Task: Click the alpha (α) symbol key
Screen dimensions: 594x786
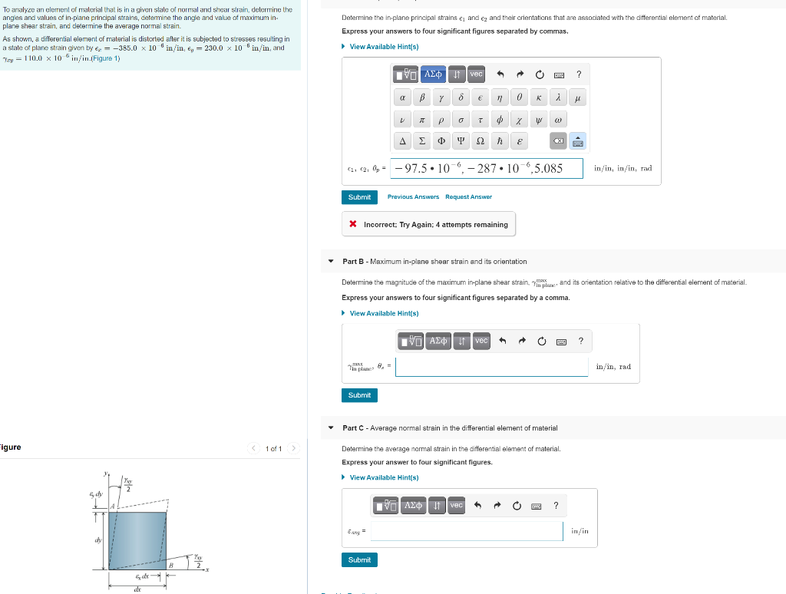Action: [x=403, y=98]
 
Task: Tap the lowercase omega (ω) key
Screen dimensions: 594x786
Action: [x=558, y=120]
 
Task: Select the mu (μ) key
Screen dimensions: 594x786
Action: [x=577, y=98]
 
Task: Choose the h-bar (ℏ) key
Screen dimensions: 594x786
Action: [x=500, y=141]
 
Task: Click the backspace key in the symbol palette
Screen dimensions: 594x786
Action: [x=558, y=141]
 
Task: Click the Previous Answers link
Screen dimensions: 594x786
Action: [x=413, y=197]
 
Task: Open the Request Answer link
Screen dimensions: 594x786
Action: [x=468, y=197]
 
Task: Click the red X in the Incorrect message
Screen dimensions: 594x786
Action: [x=352, y=225]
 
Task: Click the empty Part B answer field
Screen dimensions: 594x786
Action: [x=492, y=367]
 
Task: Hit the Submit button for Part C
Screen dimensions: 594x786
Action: [x=359, y=560]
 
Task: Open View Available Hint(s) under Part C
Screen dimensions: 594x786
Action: [x=384, y=477]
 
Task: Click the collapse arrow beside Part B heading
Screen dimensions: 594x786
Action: [x=331, y=262]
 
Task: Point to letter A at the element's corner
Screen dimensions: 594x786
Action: [x=111, y=507]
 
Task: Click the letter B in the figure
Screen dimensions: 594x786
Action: [x=170, y=565]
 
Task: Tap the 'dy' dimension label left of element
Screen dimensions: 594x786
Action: [x=97, y=540]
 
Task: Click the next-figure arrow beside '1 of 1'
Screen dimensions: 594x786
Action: [x=294, y=448]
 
